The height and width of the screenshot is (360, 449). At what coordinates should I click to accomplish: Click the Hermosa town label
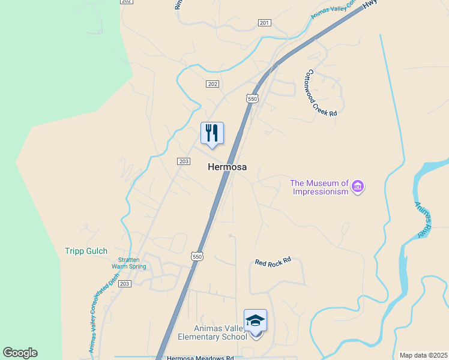tap(227, 167)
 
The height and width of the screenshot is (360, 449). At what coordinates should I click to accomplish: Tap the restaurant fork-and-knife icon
tap(212, 133)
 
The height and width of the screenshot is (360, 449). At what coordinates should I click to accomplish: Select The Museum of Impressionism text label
tap(320, 187)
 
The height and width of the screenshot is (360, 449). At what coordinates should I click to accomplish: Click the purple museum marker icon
tap(358, 186)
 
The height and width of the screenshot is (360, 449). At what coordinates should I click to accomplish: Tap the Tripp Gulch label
tap(86, 251)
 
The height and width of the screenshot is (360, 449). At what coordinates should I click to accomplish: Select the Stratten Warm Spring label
tap(129, 263)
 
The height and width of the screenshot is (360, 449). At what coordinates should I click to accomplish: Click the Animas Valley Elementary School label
tap(212, 332)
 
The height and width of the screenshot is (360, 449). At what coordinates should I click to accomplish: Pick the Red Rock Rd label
tap(273, 262)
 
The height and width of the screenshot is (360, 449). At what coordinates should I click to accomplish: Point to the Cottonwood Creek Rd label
tap(321, 93)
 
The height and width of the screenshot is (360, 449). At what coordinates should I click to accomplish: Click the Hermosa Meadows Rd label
tap(200, 358)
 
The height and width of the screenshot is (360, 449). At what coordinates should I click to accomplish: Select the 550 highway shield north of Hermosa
tap(252, 98)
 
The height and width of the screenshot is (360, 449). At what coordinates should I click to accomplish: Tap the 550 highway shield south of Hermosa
tap(197, 256)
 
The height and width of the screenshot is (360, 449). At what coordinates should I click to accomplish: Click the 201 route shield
tap(265, 23)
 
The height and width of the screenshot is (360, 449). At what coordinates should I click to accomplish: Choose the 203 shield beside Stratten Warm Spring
tap(124, 283)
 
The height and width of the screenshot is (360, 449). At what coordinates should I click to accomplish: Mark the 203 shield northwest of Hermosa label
tap(184, 161)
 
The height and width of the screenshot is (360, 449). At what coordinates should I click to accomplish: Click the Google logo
tap(20, 353)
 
